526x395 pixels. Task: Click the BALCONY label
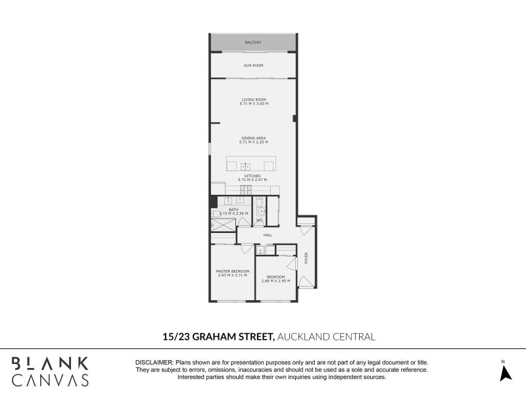(253, 43)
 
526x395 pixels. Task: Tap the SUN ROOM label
(253, 66)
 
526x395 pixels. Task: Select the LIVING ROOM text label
(253, 99)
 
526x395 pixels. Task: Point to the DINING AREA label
(253, 138)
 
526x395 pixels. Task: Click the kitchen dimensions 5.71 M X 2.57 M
(253, 180)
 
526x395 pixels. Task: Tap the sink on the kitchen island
(245, 165)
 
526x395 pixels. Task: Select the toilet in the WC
(259, 212)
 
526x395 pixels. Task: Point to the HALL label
(268, 235)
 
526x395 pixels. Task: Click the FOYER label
(306, 258)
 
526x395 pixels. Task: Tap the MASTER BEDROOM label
(233, 271)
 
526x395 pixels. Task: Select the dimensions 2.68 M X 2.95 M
(275, 280)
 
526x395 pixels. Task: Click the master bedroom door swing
(247, 249)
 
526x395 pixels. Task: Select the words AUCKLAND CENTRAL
(327, 336)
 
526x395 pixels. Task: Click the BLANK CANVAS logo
(50, 371)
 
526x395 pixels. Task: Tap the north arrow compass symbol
(505, 372)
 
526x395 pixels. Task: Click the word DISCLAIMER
(154, 363)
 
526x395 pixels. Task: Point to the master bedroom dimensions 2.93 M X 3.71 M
(233, 275)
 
